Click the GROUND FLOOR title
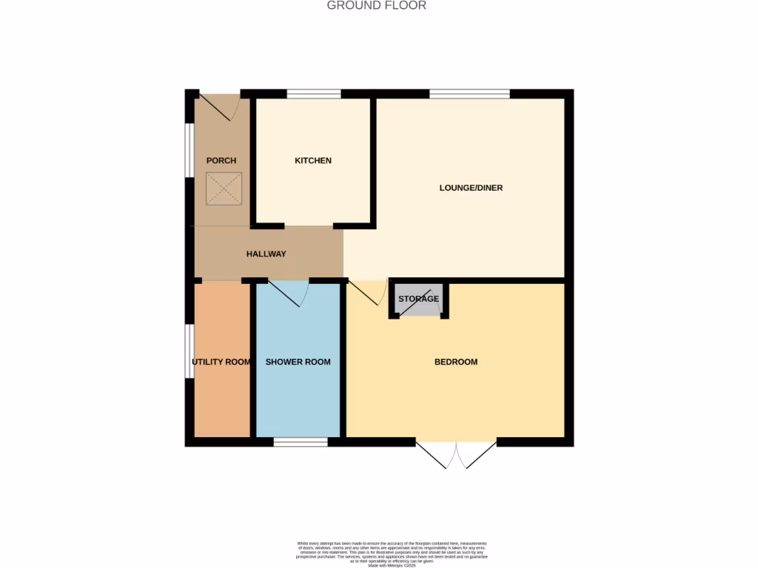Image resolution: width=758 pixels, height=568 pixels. (x=376, y=6)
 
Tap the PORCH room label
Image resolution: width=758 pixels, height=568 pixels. (x=221, y=160)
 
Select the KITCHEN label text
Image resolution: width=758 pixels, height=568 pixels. (x=313, y=160)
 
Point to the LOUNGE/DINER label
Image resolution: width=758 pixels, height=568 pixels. (x=471, y=188)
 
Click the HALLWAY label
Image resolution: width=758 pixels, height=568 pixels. (x=266, y=254)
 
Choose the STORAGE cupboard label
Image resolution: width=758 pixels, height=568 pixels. (x=418, y=299)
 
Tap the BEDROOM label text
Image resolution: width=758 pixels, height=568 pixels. (x=455, y=362)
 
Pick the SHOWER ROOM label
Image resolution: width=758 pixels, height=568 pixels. (x=298, y=362)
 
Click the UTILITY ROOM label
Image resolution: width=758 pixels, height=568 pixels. (x=221, y=362)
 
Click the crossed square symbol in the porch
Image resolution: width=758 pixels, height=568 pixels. (x=224, y=188)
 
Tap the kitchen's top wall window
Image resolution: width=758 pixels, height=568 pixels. (x=314, y=94)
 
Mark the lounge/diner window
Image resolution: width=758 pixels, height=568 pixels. (x=469, y=94)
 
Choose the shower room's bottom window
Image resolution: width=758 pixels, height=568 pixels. (x=301, y=442)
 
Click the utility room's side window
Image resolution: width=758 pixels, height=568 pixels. (x=189, y=351)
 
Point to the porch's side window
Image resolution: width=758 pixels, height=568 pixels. (x=189, y=150)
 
